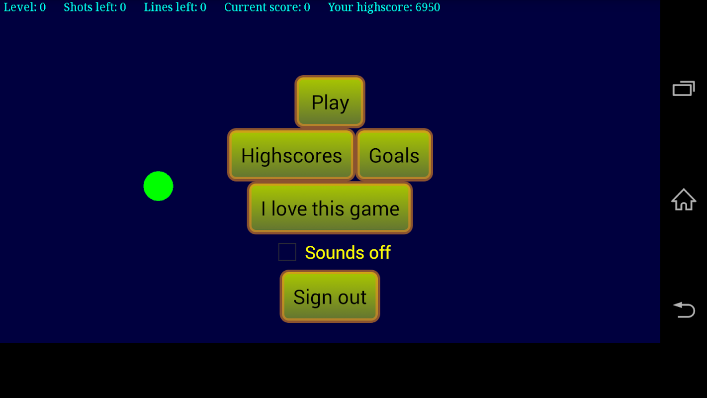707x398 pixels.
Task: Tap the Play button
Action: point(330,101)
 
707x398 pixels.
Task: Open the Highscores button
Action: point(291,155)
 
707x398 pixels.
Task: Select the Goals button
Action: point(394,155)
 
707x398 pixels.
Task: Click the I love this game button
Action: point(330,208)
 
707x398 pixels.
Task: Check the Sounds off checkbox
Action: point(287,252)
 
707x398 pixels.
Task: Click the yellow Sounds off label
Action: point(348,252)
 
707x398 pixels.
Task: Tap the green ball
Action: point(159,186)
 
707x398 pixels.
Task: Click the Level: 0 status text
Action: point(25,7)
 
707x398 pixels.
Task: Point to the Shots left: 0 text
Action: point(94,7)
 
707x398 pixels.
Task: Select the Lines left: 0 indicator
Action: point(175,7)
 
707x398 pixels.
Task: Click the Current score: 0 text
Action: point(267,7)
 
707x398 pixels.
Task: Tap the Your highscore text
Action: point(384,7)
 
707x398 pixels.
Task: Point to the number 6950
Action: point(428,7)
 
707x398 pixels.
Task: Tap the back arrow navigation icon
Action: point(684,309)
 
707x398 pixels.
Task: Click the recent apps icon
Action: point(684,89)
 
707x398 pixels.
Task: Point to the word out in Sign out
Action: point(352,297)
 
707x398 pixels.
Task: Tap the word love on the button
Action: point(289,208)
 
